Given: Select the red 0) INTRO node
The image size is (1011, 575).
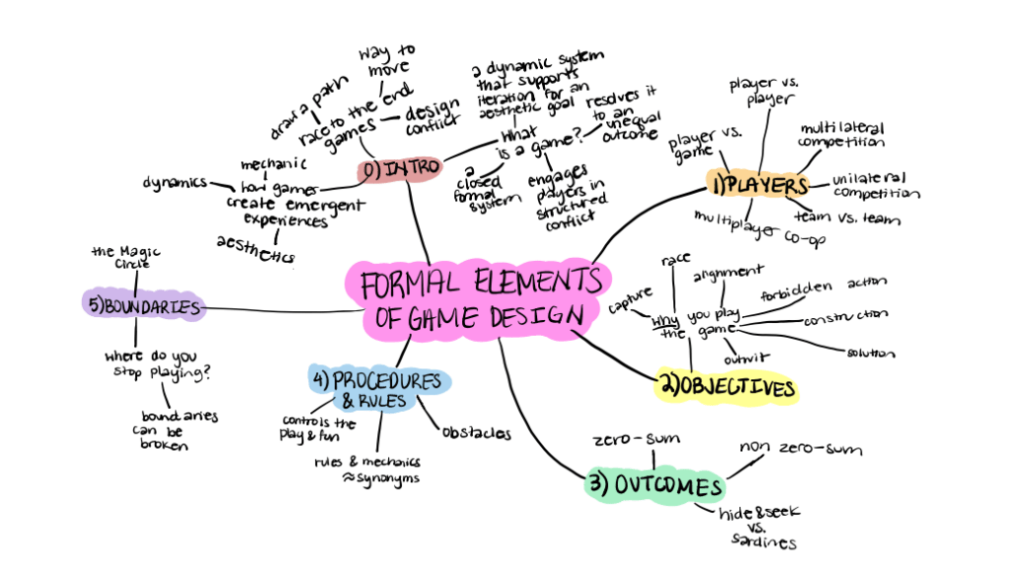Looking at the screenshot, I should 395,170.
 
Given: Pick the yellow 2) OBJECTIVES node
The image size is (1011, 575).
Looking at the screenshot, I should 729,388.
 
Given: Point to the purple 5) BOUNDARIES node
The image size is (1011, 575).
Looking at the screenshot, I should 144,305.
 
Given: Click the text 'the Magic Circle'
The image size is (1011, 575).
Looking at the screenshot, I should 126,257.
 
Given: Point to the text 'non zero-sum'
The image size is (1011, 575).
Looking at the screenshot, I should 801,451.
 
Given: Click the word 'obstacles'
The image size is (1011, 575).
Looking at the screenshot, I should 475,433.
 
